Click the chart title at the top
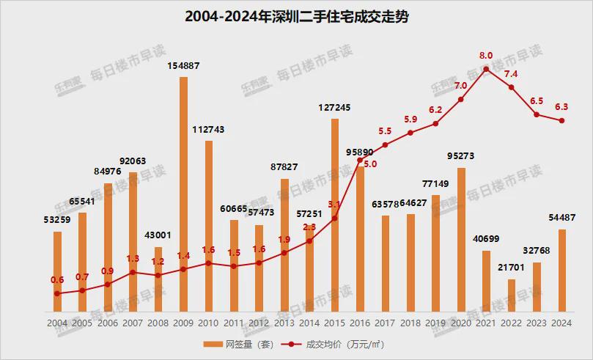click(x=296, y=17)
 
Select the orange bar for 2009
click(x=183, y=194)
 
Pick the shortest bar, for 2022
click(x=512, y=295)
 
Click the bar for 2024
click(x=562, y=271)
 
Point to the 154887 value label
click(x=183, y=66)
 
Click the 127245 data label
click(x=334, y=107)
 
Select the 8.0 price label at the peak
click(x=486, y=55)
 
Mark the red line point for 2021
click(x=486, y=69)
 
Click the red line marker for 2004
click(x=57, y=293)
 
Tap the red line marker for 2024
click(x=562, y=121)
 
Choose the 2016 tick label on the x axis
click(x=360, y=323)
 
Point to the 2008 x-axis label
click(x=158, y=323)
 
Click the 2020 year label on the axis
click(x=461, y=323)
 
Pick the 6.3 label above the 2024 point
click(x=562, y=106)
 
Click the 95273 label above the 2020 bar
click(x=461, y=156)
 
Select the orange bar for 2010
click(x=209, y=227)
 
